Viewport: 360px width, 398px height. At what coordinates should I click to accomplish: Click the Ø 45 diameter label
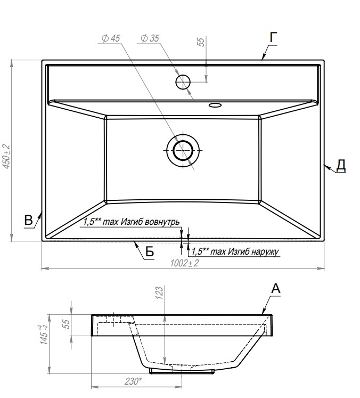(111, 38)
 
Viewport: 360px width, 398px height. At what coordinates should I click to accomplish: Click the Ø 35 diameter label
(150, 38)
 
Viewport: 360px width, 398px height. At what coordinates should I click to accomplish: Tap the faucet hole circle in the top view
(183, 82)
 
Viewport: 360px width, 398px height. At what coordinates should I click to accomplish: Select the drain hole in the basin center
(183, 150)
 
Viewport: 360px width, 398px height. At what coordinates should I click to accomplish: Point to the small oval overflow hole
(215, 105)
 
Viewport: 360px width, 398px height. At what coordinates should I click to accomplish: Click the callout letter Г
(273, 38)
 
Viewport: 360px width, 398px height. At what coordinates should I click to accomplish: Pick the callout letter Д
(341, 165)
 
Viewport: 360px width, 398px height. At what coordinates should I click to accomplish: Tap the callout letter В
(28, 220)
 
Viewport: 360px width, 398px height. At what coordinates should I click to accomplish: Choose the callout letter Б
(150, 252)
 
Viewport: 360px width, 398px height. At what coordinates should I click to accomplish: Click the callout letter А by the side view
(276, 288)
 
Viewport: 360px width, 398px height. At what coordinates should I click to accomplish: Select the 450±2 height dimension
(6, 156)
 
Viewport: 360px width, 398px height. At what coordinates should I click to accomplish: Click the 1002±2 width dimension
(184, 263)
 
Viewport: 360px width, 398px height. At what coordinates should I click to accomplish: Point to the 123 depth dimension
(159, 293)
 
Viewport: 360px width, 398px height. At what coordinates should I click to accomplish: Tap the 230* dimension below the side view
(133, 381)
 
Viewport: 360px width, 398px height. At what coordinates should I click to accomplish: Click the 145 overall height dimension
(43, 335)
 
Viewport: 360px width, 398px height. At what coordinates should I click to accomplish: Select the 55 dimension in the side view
(66, 324)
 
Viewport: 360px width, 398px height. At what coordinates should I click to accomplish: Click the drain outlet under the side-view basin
(182, 371)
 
